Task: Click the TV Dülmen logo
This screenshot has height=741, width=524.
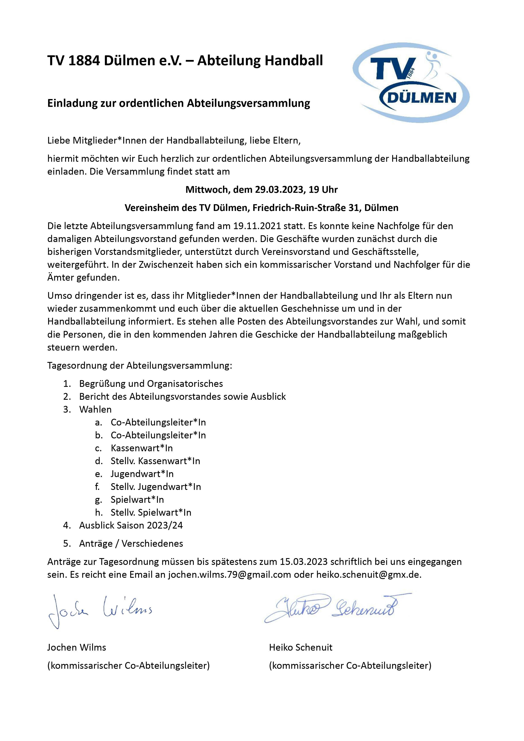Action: (x=411, y=83)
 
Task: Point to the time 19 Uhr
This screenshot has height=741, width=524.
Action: (x=323, y=190)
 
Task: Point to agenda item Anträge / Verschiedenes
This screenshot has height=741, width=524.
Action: (x=131, y=544)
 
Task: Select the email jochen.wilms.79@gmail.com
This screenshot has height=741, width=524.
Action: (x=229, y=575)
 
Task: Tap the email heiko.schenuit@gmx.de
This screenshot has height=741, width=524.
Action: (x=369, y=575)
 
